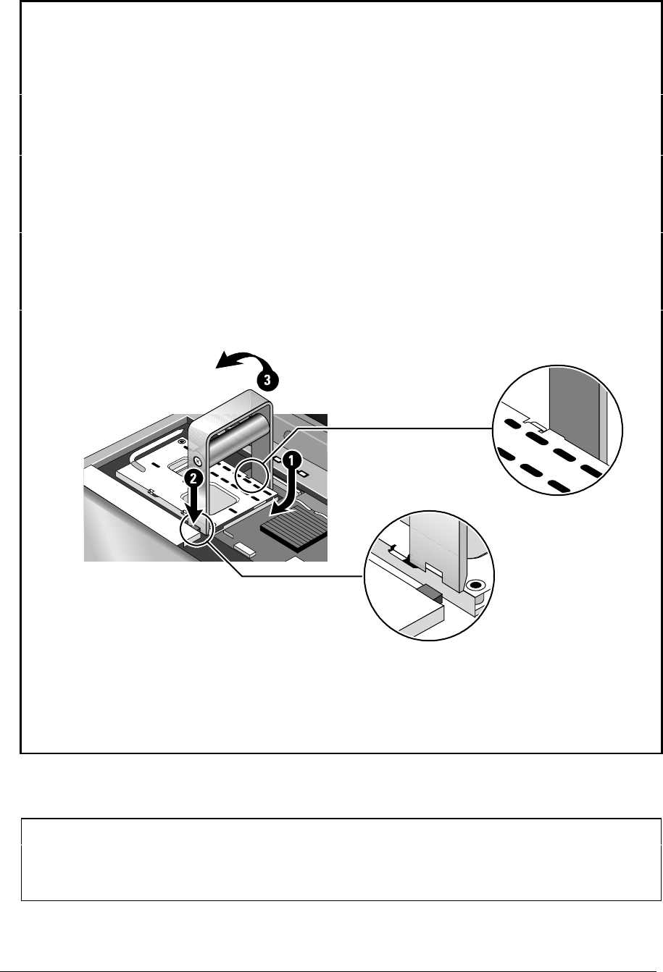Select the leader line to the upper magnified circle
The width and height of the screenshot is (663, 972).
coord(377,428)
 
